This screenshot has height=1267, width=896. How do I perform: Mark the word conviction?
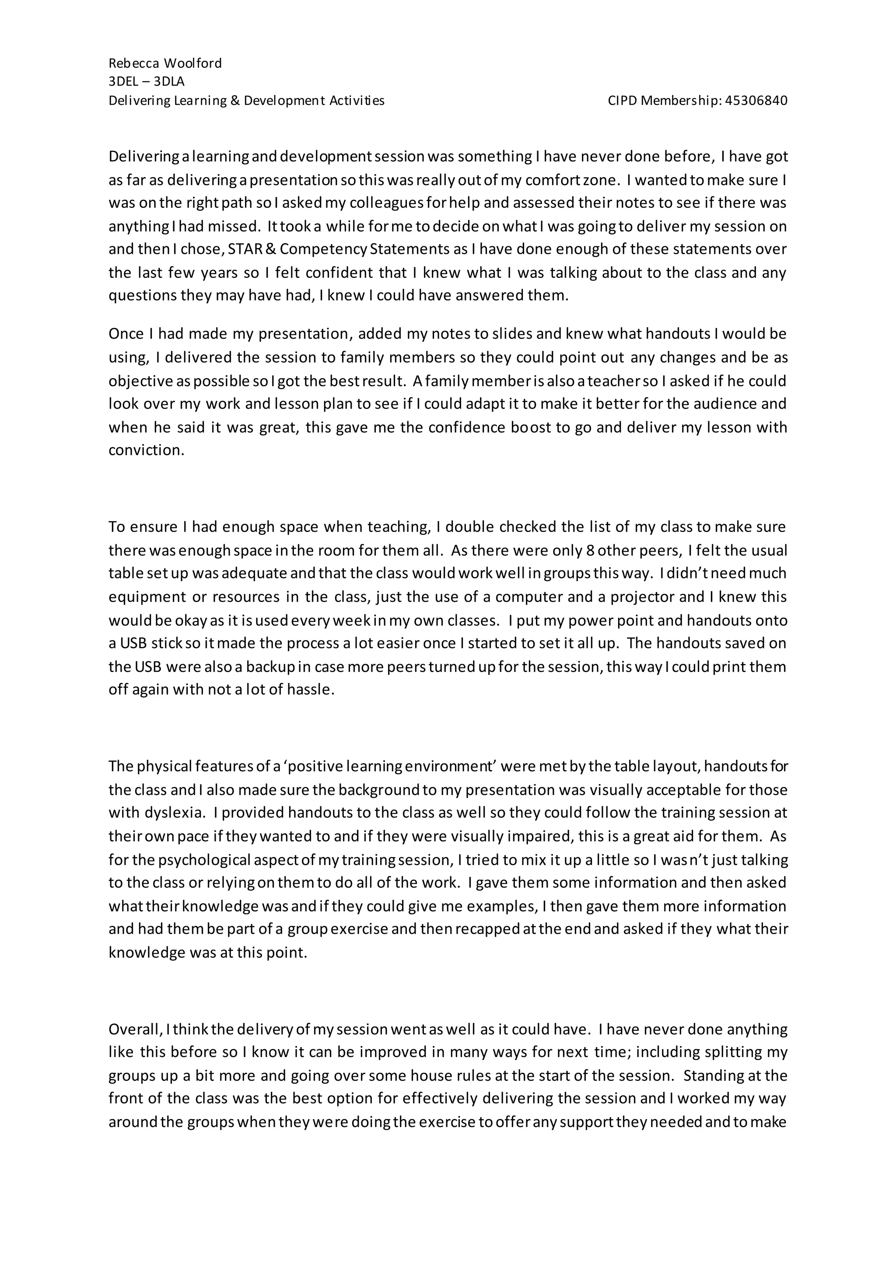tap(146, 450)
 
